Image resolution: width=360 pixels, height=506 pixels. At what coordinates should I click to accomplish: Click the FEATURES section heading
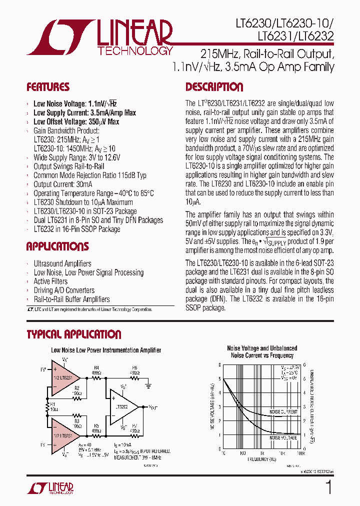pos(48,87)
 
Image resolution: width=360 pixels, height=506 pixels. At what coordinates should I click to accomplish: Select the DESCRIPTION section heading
pos(214,87)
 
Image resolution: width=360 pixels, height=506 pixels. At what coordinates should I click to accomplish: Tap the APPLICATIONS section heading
pos(57,246)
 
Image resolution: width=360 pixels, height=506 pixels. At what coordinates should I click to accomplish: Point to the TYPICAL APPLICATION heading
pos(74,334)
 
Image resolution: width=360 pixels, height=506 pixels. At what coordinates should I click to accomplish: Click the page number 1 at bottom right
pos(328,487)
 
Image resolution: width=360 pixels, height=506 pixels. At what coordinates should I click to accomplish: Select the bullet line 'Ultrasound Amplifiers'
pos(62,263)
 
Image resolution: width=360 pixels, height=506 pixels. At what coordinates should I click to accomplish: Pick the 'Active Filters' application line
pos(50,281)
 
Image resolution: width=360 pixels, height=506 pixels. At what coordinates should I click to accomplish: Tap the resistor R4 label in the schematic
pos(96,368)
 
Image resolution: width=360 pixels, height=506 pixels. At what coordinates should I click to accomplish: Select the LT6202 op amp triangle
pos(123,407)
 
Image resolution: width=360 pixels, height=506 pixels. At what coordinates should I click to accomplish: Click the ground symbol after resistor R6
pos(148,385)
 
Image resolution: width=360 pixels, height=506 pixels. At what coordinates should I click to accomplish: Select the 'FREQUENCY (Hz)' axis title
pos(262,459)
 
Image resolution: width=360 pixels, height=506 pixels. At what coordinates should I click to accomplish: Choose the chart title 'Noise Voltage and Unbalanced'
pos(262,348)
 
